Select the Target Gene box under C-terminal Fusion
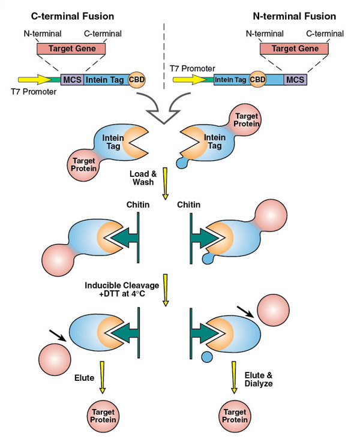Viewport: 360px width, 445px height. click(71, 49)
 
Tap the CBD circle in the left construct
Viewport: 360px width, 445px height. click(137, 79)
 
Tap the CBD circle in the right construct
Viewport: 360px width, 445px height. click(257, 79)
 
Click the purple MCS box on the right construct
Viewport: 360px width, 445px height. click(295, 79)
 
